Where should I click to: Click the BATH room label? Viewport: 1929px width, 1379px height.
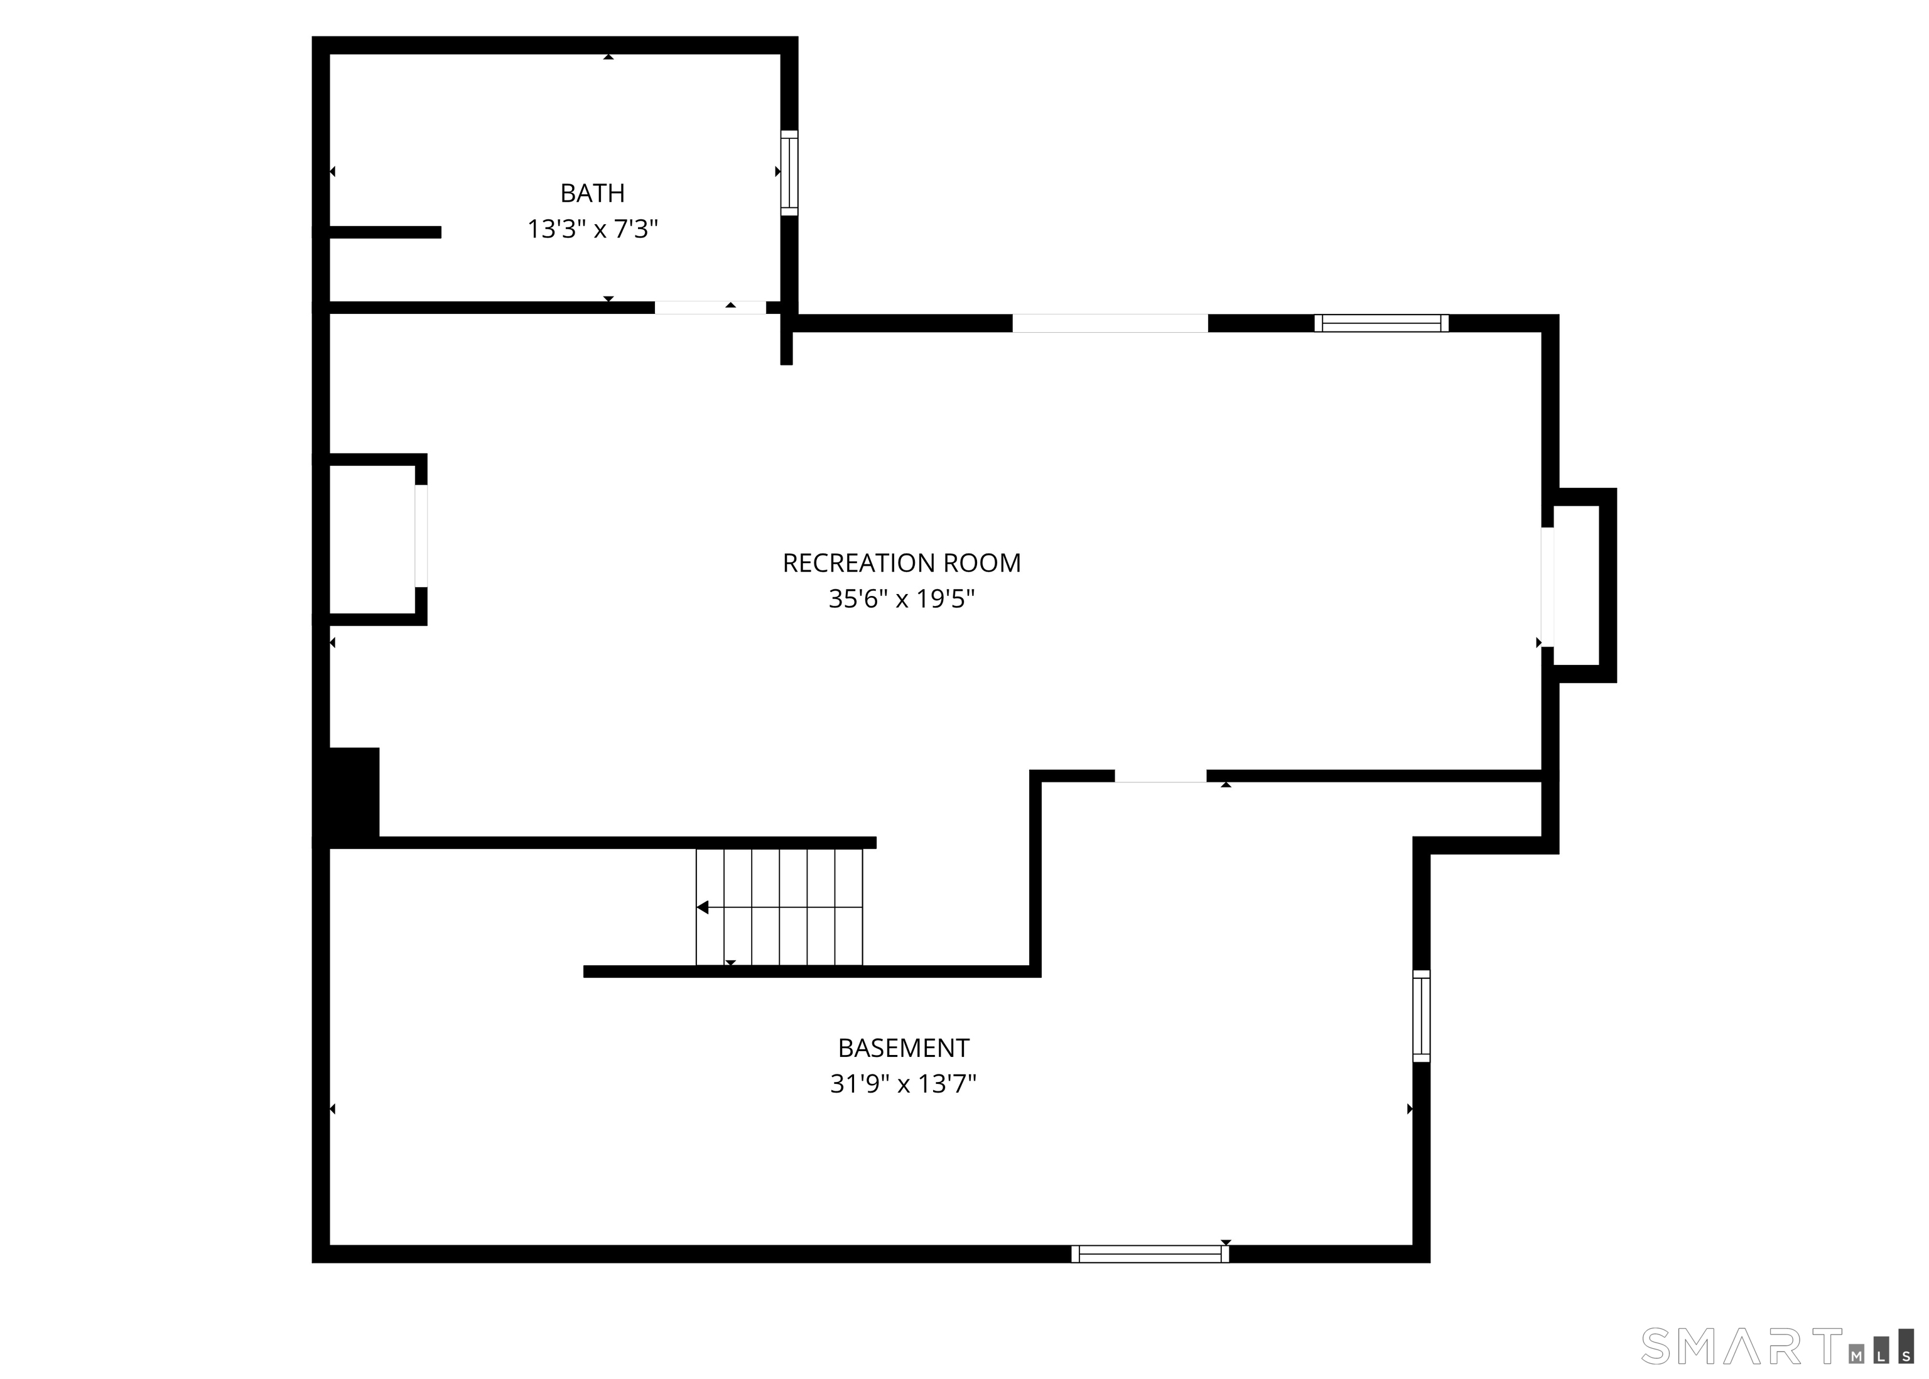tap(593, 193)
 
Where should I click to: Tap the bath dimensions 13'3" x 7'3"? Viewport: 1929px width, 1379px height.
tap(593, 229)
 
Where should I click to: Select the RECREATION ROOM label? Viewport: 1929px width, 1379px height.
tap(901, 563)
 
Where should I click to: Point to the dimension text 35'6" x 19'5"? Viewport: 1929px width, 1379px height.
tap(901, 600)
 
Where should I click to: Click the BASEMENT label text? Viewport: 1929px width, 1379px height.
tap(904, 1048)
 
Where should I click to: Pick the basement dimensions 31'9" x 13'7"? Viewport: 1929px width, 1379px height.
tap(904, 1084)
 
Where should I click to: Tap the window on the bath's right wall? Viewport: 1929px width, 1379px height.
tap(789, 172)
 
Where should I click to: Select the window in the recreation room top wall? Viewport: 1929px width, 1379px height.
tap(1381, 323)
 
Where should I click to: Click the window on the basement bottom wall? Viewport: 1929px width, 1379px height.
tap(1150, 1253)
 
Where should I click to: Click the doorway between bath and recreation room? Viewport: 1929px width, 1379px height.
tap(710, 308)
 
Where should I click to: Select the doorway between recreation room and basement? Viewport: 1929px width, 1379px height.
tap(1160, 776)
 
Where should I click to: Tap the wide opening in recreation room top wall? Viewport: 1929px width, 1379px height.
tap(1110, 323)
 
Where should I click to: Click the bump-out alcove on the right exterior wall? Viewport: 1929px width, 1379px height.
tap(1577, 585)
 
